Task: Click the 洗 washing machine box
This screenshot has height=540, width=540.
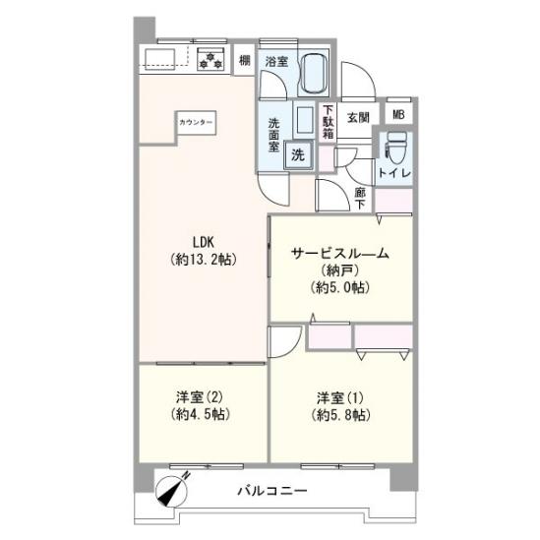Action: [297, 153]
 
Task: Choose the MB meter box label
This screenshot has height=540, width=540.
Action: [398, 114]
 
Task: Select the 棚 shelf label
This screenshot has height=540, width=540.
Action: [244, 61]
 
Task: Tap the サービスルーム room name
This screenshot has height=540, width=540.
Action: [339, 254]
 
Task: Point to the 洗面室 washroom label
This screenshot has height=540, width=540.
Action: [276, 133]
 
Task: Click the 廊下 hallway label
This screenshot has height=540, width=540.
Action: [360, 197]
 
